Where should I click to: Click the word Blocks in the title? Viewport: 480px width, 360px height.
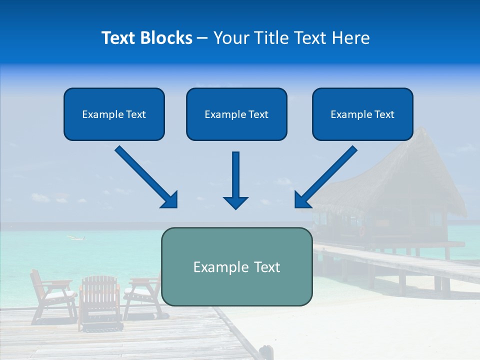pyautogui.click(x=166, y=38)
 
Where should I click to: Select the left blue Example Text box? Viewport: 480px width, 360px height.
pyautogui.click(x=114, y=114)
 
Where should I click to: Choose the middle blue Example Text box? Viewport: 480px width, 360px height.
pyautogui.click(x=236, y=114)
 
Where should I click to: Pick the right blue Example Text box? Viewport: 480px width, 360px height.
pyautogui.click(x=362, y=114)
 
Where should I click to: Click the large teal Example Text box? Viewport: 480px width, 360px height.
pyautogui.click(x=236, y=267)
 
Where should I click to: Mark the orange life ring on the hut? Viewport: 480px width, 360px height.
pyautogui.click(x=362, y=230)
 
